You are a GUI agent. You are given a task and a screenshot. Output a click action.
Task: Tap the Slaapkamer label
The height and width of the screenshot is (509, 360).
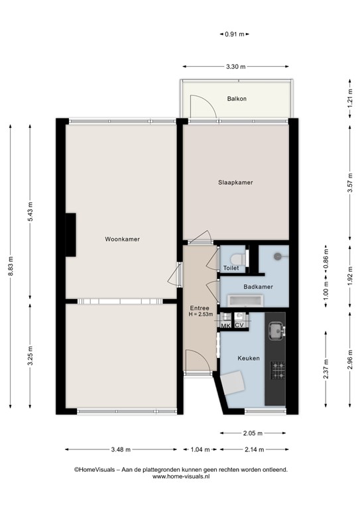pos(235,182)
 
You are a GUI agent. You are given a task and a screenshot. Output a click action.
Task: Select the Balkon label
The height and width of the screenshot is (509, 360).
pos(237,99)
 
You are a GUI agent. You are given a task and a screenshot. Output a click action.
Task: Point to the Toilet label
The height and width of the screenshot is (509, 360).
pos(231,268)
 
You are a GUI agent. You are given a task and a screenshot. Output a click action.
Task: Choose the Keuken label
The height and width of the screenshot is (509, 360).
pos(249,359)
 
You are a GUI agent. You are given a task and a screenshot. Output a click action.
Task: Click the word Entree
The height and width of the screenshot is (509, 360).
pos(200,308)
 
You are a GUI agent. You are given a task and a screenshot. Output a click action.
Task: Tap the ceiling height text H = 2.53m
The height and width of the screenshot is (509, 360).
pos(200,315)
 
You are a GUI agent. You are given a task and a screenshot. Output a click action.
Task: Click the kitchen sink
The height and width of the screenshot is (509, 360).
pos(275,329)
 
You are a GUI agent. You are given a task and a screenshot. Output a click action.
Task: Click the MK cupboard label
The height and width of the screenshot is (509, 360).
pos(225,326)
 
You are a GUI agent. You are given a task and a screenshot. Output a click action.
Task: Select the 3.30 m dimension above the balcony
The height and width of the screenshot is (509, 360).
pos(235,67)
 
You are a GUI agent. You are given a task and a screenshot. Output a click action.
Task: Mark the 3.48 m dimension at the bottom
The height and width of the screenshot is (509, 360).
pos(121,450)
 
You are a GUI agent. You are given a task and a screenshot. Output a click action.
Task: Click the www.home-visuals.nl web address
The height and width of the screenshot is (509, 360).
pos(180,476)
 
